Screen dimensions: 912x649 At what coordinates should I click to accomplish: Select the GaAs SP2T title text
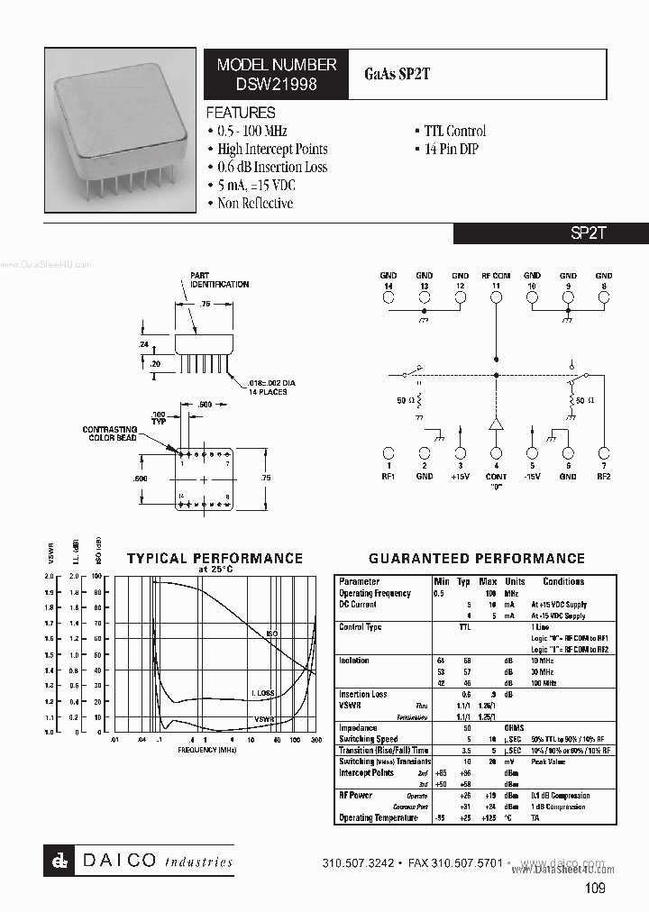[398, 74]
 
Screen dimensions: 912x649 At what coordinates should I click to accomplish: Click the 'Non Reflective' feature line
[255, 203]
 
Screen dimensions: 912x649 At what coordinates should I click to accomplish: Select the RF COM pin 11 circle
[496, 296]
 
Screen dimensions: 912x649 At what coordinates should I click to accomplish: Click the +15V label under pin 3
[461, 476]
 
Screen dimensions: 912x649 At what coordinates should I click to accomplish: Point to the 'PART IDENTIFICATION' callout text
[218, 280]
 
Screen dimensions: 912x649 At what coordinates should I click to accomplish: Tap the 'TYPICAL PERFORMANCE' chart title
[215, 559]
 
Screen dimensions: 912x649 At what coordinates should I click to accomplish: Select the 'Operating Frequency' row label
[374, 593]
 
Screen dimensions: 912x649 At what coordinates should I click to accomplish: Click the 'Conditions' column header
[563, 581]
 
